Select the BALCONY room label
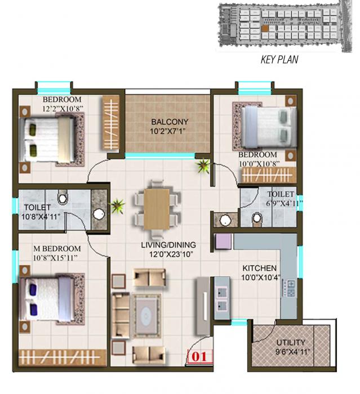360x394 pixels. pos(169,122)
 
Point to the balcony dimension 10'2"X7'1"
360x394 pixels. pos(169,132)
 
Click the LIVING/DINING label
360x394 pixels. pos(168,245)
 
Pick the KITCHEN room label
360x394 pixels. pos(259,268)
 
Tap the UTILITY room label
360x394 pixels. pos(291,342)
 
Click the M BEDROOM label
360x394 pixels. pos(57,249)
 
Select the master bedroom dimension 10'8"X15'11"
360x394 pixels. pos(56,258)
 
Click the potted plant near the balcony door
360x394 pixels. pos(202,166)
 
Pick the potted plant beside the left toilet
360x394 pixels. pos(117,206)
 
